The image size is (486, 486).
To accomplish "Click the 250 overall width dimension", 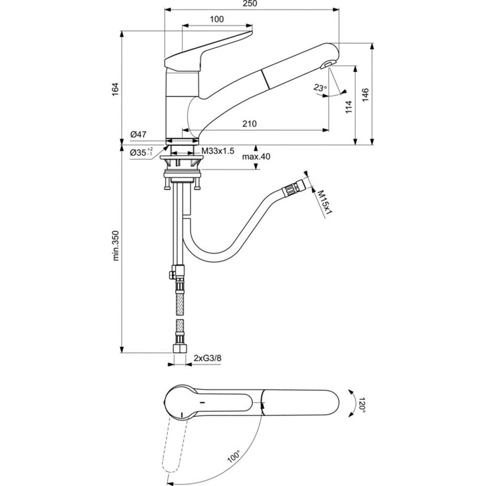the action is click(x=250, y=4).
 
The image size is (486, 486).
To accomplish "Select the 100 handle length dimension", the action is click(x=216, y=19).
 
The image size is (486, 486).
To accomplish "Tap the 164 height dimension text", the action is click(x=115, y=89).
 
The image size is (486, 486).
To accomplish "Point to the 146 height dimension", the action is click(x=365, y=95).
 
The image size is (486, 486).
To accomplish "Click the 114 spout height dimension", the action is click(x=349, y=107).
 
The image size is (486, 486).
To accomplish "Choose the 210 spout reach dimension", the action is click(x=249, y=124).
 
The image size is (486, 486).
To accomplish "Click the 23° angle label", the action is click(x=320, y=88).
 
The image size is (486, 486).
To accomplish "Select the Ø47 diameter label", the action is click(x=138, y=134).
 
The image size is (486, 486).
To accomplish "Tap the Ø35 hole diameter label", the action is click(x=141, y=152).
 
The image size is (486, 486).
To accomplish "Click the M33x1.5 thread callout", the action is click(x=218, y=151).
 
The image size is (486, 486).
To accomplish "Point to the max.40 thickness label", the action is click(x=256, y=156).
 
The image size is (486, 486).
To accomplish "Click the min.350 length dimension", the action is click(x=115, y=246).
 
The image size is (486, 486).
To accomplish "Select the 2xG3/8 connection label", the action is click(x=207, y=358).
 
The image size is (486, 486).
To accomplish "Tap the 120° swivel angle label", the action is click(x=362, y=403).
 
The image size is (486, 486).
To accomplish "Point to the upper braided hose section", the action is click(x=179, y=304).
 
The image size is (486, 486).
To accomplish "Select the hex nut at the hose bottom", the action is click(x=179, y=348).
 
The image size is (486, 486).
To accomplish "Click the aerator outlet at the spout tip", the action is click(x=326, y=65).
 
